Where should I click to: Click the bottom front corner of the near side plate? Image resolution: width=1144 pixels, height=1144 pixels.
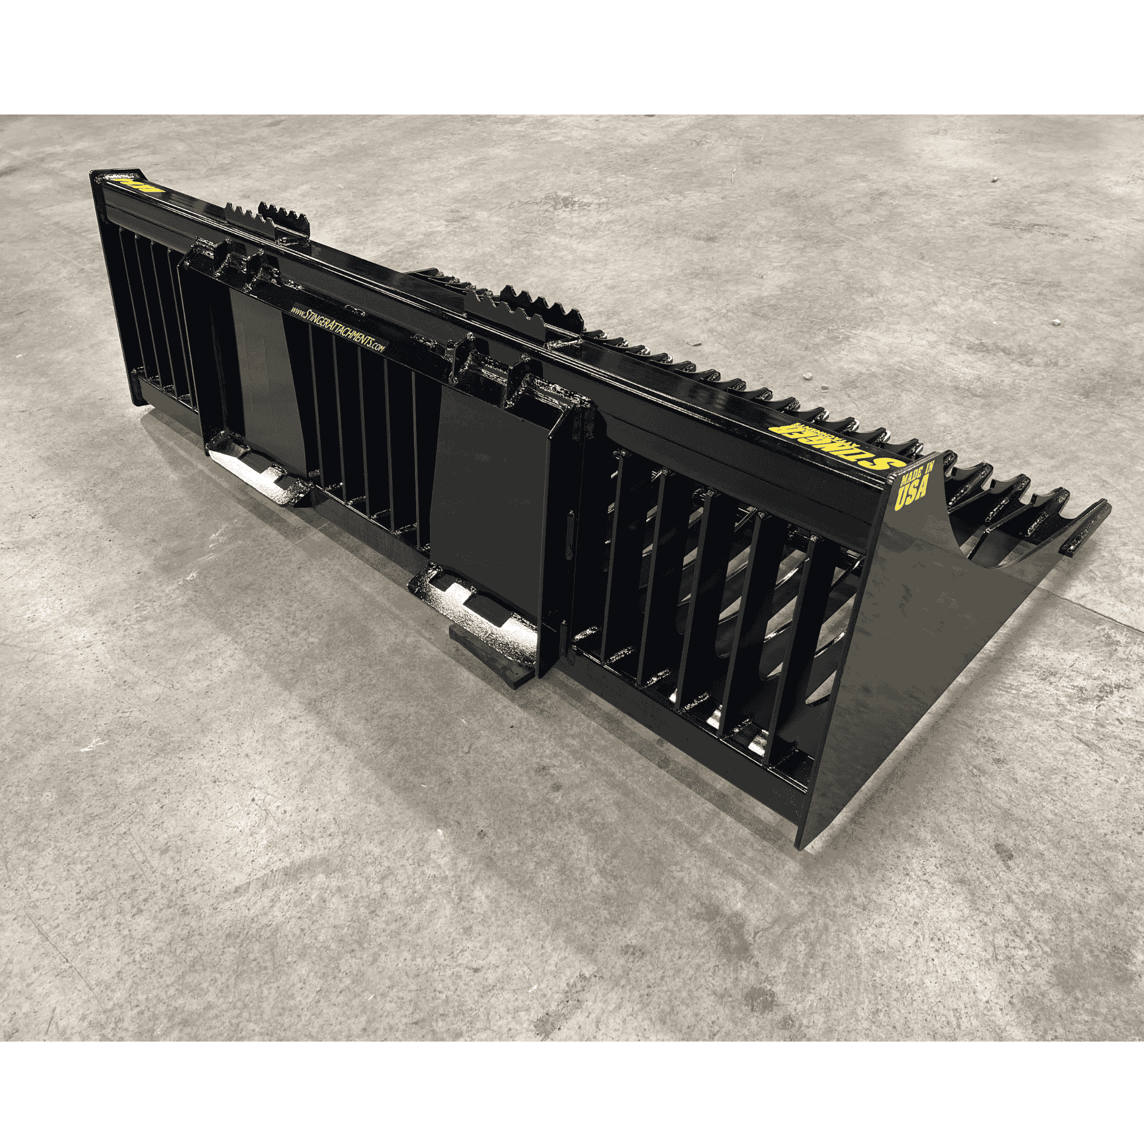tap(799, 844)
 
